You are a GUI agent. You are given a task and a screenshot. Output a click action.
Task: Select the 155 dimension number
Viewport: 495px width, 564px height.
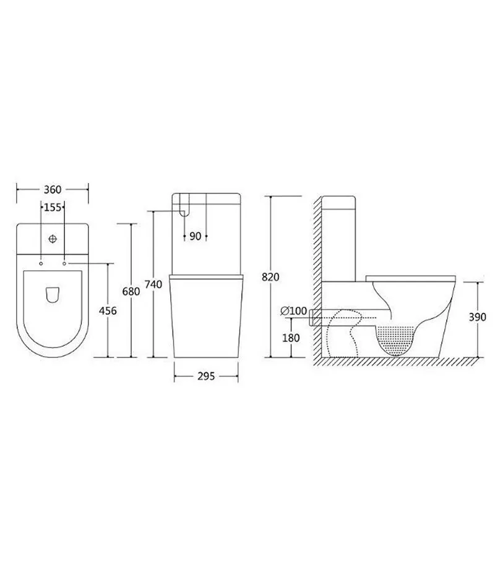tap(53, 208)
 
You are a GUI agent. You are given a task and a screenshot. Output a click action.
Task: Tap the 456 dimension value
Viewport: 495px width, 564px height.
tap(108, 311)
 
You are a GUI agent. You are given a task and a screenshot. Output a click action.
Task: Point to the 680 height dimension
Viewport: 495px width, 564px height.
tap(131, 291)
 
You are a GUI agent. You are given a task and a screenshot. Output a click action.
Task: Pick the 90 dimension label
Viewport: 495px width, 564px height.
tap(196, 236)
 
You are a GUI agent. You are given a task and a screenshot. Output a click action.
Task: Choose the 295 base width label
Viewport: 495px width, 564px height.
tap(206, 376)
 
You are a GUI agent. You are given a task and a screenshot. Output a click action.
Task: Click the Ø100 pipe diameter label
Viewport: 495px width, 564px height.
tap(293, 311)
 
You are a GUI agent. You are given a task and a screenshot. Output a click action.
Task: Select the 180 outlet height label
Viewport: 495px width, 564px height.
tap(290, 338)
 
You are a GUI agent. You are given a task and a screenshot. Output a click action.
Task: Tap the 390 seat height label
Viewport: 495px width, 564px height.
tap(477, 317)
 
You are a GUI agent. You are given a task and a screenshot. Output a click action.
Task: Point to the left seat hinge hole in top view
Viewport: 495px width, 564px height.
tap(41, 263)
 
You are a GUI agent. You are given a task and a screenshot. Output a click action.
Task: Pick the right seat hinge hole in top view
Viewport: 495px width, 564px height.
tap(64, 263)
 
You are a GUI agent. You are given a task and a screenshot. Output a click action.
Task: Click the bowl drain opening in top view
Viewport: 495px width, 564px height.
tap(53, 296)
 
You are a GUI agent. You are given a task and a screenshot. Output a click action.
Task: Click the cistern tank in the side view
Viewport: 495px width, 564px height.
tap(338, 238)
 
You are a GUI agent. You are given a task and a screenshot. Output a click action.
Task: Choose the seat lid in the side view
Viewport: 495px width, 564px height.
tap(411, 276)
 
